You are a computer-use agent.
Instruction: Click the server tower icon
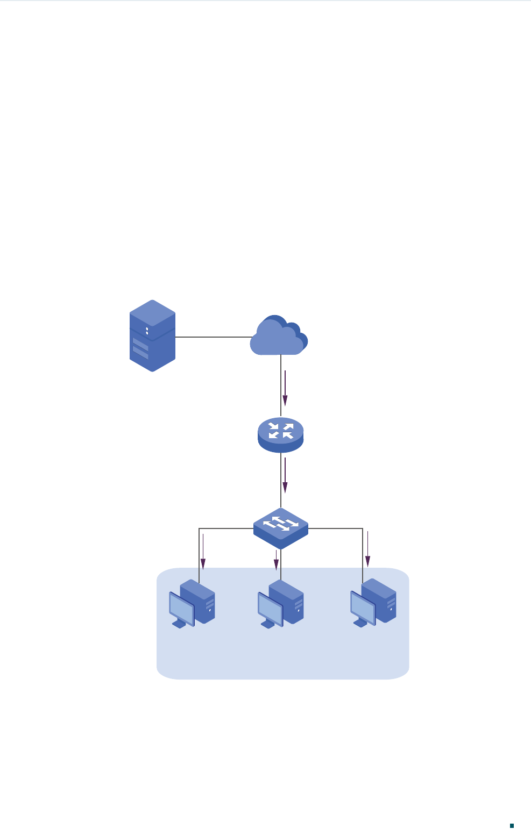point(153,336)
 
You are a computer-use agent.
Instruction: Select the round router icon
point(281,434)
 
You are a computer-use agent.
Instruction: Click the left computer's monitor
point(181,608)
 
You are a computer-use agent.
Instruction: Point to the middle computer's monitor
point(270,608)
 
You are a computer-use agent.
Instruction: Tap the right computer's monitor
point(363,607)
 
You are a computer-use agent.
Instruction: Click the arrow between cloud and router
point(285,388)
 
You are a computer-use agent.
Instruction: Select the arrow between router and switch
point(285,475)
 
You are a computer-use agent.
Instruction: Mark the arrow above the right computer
point(368,549)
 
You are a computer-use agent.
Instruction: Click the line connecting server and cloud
point(213,337)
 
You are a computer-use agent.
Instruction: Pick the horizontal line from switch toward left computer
point(226,528)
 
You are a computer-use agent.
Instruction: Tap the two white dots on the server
point(147,331)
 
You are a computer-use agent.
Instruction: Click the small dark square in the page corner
point(512,810)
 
